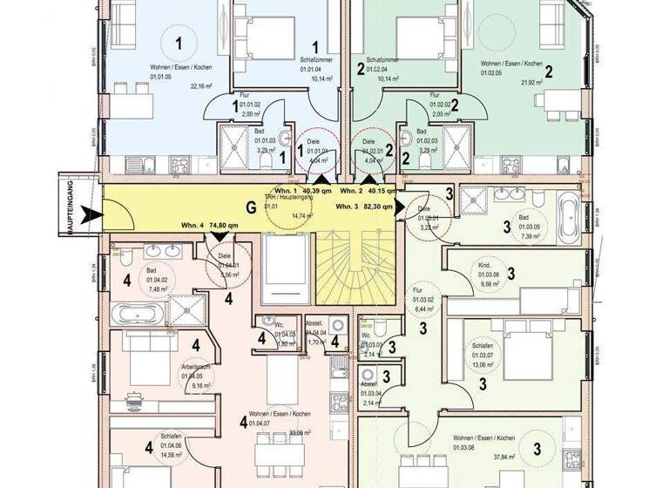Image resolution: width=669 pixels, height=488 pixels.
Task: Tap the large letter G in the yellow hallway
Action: [x=252, y=207]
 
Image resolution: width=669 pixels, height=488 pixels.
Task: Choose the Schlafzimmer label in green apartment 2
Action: [x=382, y=55]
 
